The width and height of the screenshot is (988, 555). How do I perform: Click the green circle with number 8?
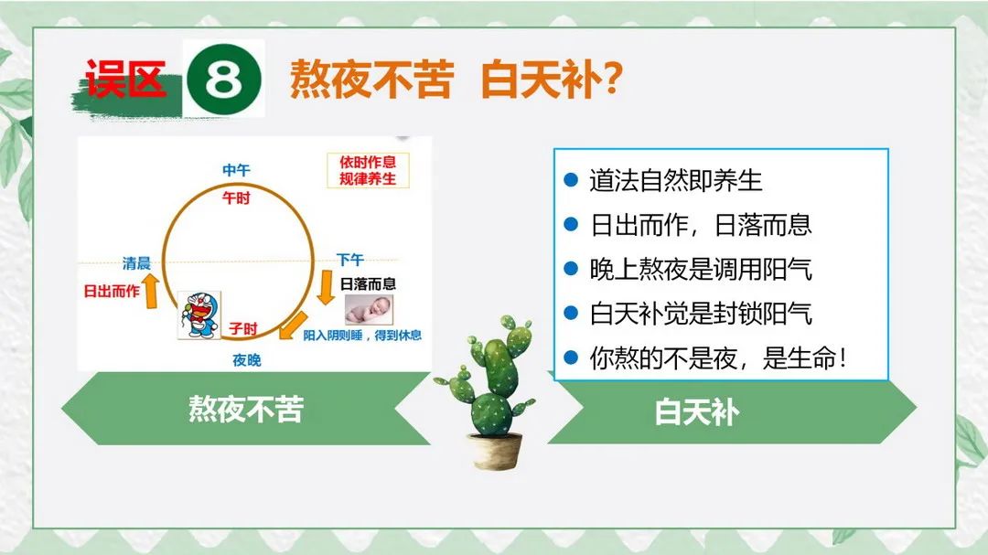224,80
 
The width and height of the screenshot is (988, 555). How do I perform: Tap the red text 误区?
125,79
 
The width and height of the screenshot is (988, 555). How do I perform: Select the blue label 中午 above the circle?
236,170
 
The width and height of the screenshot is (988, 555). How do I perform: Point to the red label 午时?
236,197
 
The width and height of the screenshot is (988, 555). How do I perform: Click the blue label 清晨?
136,262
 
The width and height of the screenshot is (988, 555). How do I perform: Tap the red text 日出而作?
112,291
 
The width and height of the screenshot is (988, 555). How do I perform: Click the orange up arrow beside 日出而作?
151,293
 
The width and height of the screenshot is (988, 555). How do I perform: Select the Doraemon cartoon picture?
199,315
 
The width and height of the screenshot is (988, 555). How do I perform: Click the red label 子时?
243,328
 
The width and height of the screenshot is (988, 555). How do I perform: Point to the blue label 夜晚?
246,359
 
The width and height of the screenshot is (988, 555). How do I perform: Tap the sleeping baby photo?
370,310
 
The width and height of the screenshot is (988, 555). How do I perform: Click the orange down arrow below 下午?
326,287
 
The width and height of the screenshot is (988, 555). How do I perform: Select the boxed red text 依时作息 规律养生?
368,170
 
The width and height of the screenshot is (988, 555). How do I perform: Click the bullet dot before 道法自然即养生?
571,180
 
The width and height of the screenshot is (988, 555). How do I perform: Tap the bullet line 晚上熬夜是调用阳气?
701,269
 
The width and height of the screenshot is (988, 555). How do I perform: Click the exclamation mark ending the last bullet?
843,358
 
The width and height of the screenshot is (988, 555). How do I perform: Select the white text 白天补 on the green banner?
697,412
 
